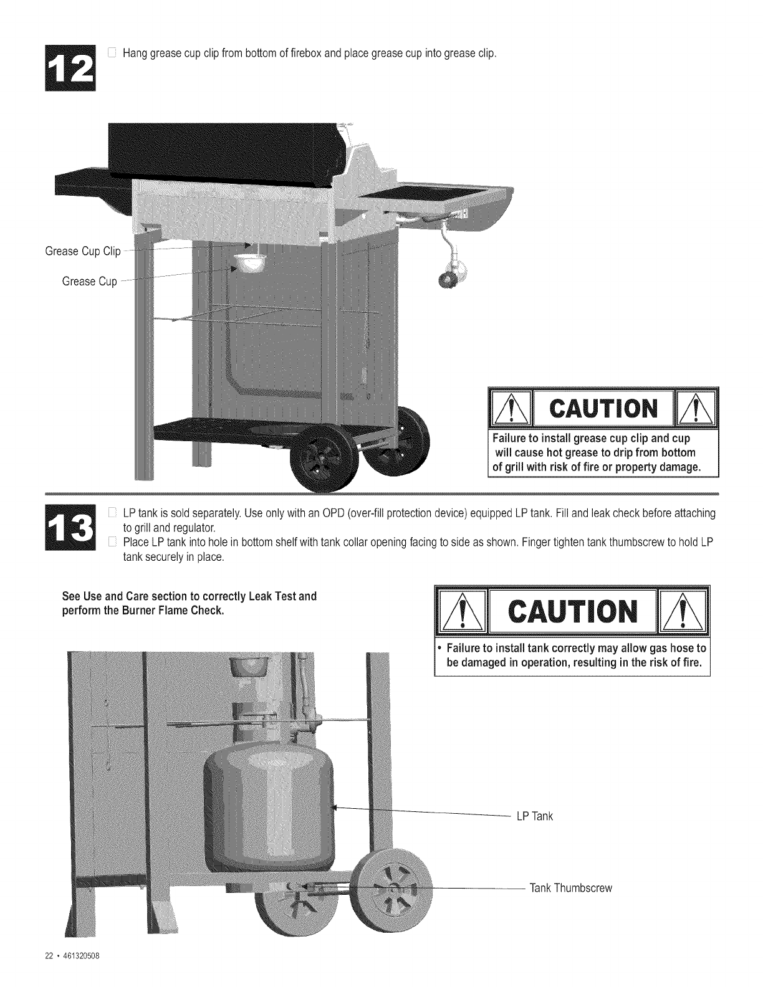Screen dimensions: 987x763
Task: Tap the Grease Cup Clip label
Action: coord(83,251)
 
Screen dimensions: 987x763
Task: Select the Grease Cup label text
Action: coord(89,281)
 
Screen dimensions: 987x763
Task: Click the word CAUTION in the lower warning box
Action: coord(572,611)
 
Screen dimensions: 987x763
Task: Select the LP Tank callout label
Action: coord(534,816)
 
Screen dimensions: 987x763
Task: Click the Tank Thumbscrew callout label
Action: coord(570,888)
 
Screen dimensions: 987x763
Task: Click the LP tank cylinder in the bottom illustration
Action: coord(269,810)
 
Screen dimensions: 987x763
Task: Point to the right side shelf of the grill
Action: coord(430,198)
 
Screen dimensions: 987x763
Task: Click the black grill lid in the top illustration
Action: coord(224,150)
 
